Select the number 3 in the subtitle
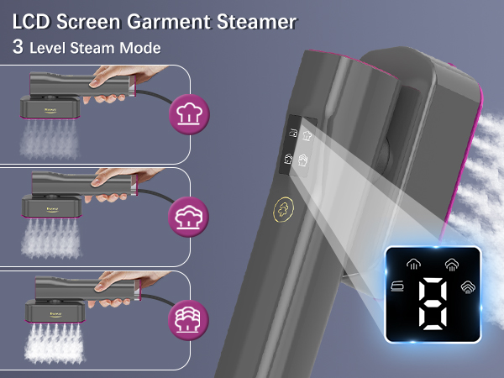(x=18, y=47)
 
